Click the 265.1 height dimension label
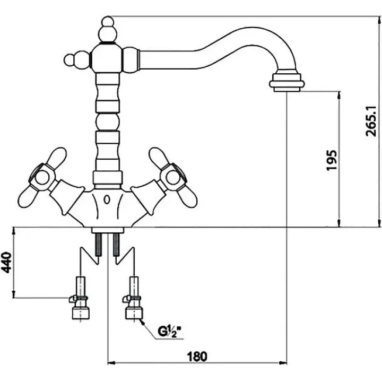point(371,121)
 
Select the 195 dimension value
point(332,160)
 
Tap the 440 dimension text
point(6,263)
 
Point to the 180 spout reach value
point(197,357)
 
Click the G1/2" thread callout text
point(170,331)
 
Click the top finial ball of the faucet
point(107,22)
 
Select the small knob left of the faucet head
point(70,59)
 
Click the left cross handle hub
point(42,177)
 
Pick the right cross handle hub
point(173,177)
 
